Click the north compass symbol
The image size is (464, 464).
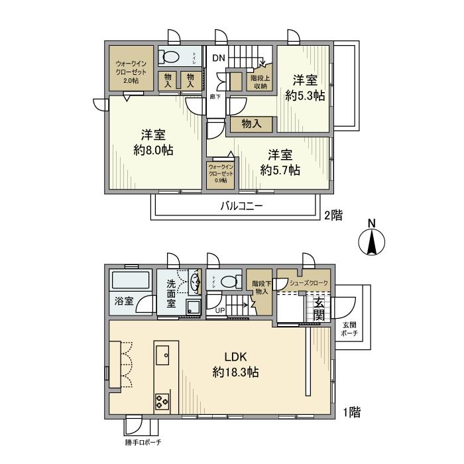(372, 242)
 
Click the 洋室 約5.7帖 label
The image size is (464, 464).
(280, 162)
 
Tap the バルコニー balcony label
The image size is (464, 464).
(242, 206)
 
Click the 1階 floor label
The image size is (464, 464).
(352, 413)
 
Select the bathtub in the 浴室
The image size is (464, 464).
(131, 280)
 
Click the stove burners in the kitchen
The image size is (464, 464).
(162, 400)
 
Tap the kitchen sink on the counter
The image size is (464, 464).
(162, 355)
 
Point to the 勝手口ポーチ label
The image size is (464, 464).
(143, 443)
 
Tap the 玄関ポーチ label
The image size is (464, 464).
(349, 329)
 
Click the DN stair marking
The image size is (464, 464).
(218, 58)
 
